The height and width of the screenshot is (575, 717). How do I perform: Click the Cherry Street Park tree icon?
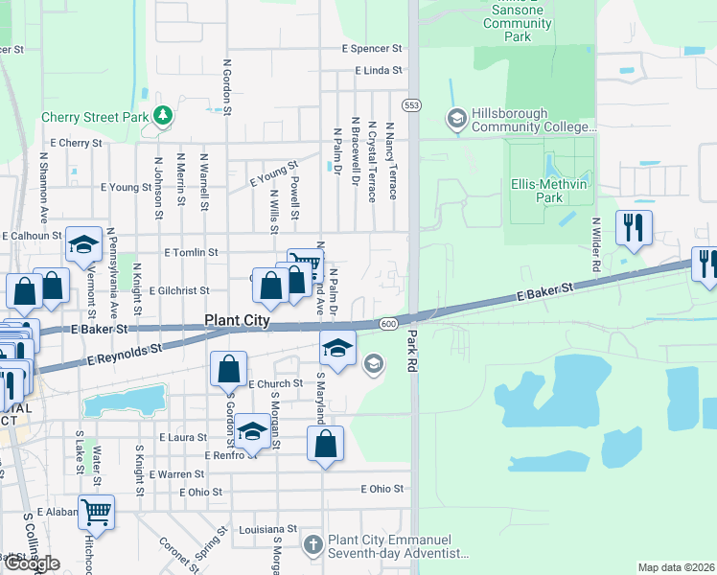point(163,116)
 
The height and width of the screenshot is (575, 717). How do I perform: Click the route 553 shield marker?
point(412,104)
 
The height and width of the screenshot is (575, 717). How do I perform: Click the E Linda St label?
point(379,71)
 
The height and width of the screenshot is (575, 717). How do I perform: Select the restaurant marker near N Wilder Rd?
point(634,228)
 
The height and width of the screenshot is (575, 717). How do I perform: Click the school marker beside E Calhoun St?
point(84,244)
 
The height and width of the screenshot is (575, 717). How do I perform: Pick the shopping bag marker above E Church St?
point(229,369)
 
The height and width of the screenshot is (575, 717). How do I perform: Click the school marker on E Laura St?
point(252,432)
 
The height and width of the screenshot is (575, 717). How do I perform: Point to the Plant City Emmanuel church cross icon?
point(312,545)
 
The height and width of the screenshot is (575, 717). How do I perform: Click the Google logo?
point(33,563)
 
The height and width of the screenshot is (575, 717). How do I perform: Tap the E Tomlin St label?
point(192,252)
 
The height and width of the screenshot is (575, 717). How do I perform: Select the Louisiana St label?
point(268,529)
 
